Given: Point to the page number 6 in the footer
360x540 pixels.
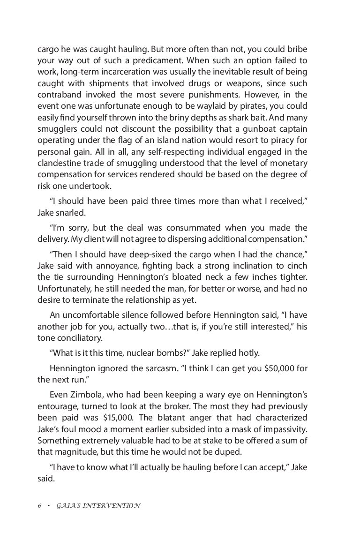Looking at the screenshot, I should point(40,506).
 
